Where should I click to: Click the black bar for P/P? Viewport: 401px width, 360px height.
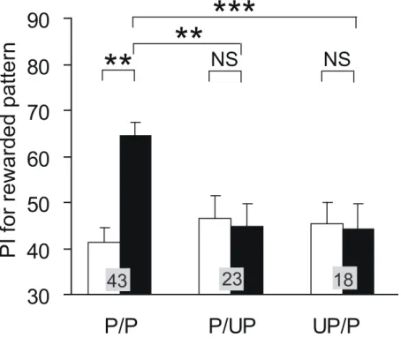135,214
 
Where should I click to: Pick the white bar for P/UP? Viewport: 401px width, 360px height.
215,256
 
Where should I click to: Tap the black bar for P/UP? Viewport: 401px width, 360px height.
247,260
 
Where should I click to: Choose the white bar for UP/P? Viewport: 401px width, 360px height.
327,259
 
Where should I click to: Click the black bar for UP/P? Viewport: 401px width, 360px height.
359,261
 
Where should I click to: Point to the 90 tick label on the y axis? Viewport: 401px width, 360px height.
38,20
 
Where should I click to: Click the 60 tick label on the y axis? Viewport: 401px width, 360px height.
38,159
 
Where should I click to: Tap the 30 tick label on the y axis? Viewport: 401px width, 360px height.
38,297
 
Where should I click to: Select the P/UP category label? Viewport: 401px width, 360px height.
232,326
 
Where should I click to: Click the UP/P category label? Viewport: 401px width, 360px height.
337,326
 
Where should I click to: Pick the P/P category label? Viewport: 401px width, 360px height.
121,326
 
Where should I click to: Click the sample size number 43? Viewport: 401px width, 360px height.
117,281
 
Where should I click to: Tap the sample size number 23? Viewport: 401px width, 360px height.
232,279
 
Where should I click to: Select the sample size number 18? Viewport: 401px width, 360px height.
344,279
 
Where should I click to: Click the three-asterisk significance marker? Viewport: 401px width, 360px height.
234,7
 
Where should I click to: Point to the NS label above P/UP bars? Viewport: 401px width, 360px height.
224,59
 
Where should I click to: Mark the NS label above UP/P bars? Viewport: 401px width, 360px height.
337,59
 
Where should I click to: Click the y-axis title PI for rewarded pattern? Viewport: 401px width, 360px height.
8,150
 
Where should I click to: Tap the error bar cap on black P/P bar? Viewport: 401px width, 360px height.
135,122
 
